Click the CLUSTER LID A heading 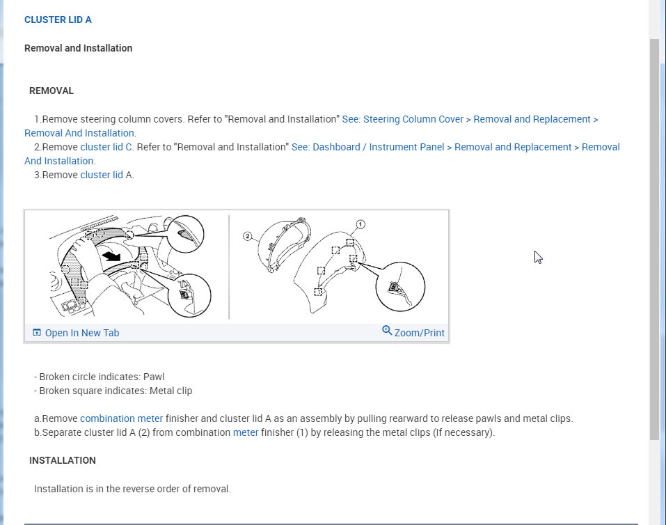coord(58,19)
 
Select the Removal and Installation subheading coord(78,48)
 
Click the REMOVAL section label coord(51,91)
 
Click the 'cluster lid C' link coord(106,147)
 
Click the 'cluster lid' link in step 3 coord(101,175)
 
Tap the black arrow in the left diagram coord(111,256)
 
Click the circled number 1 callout coord(360,224)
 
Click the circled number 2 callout coord(247,236)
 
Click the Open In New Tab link coord(81,333)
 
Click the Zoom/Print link coord(419,333)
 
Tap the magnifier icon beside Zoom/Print coord(387,330)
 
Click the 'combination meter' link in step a coord(121,418)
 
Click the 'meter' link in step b coord(245,432)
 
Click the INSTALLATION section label coord(63,460)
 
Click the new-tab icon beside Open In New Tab coord(37,333)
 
